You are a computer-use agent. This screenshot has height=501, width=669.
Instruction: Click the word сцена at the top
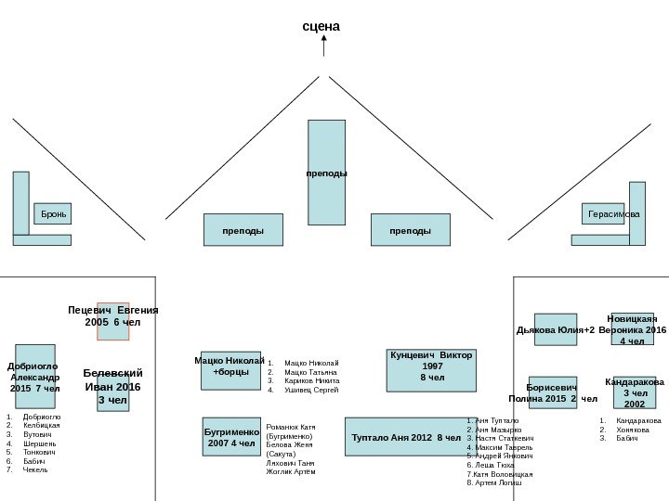[321, 26]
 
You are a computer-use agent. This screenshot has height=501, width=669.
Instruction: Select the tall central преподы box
[326, 173]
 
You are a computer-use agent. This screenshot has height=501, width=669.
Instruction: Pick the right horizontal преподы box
[410, 230]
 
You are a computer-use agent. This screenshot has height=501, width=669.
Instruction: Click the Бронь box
[53, 214]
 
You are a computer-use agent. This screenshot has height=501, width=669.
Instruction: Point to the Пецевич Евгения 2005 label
[113, 316]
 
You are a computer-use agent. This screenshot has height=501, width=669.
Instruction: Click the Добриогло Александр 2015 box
[35, 377]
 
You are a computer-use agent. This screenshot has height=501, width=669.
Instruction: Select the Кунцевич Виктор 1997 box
[431, 370]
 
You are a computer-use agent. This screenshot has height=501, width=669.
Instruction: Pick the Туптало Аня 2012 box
[406, 438]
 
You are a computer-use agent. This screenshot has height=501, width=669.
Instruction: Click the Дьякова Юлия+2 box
[556, 329]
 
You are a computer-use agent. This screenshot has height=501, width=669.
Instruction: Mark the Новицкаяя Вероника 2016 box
[632, 329]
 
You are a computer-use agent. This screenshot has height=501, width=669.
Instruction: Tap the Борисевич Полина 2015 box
[553, 393]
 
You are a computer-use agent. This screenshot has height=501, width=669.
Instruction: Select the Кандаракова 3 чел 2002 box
[635, 393]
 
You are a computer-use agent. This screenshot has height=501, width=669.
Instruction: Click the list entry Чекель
[35, 470]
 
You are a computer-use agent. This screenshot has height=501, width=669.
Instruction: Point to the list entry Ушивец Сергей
[311, 391]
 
